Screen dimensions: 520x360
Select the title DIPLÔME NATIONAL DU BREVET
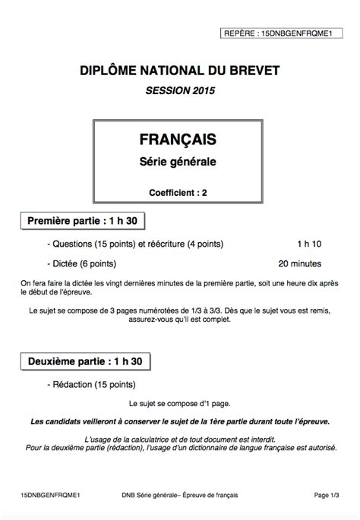click(x=180, y=71)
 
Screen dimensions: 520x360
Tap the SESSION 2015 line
click(x=180, y=91)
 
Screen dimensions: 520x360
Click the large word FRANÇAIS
click(x=178, y=140)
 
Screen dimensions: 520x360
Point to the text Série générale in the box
click(x=178, y=162)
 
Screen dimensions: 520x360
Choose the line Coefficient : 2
click(x=178, y=193)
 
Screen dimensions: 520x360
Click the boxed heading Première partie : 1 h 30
click(x=81, y=221)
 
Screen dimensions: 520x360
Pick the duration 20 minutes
click(x=300, y=264)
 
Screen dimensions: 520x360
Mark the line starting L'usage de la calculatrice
click(x=179, y=440)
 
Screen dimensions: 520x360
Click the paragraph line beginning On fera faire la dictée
click(x=179, y=284)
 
